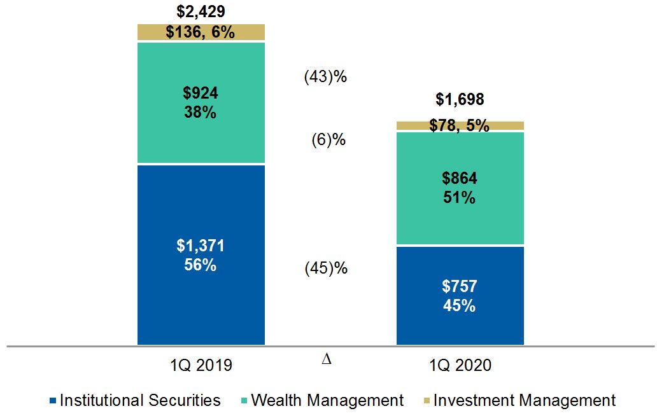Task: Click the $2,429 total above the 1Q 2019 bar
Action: [200, 11]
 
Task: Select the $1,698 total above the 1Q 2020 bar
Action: [460, 99]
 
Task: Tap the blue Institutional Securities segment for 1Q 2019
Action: [201, 254]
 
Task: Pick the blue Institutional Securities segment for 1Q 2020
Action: [460, 295]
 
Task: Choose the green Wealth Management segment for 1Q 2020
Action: [460, 188]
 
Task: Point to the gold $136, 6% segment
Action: [201, 32]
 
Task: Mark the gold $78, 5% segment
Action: [460, 126]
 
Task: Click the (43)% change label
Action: [326, 77]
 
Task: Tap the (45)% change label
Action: [326, 268]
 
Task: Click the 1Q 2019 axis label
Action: [201, 365]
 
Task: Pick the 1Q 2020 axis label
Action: [460, 365]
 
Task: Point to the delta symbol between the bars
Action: [327, 359]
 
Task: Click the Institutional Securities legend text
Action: [140, 400]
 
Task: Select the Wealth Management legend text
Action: [327, 400]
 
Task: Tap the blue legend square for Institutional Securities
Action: [52, 401]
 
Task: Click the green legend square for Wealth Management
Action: [243, 401]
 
